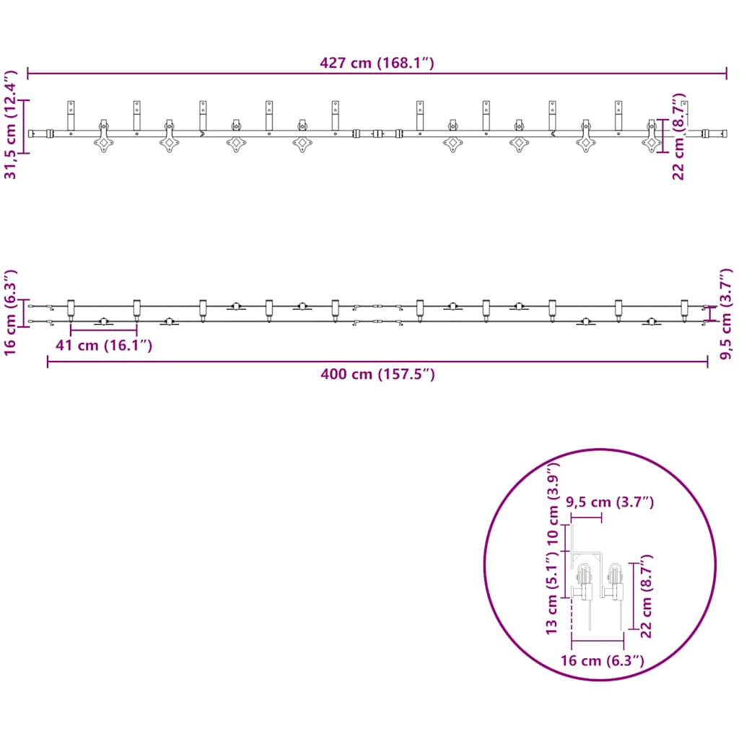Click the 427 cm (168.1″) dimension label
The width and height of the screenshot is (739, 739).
[x=377, y=63]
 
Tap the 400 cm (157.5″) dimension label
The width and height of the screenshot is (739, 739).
[x=377, y=374]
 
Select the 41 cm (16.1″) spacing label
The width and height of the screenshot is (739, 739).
[x=104, y=345]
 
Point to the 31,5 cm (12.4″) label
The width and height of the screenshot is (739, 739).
[x=10, y=125]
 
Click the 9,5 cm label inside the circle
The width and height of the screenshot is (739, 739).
[x=610, y=502]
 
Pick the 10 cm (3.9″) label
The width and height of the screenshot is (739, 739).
[x=552, y=503]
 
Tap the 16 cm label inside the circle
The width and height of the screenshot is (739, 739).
[x=603, y=660]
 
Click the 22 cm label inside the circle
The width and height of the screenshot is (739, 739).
[x=646, y=596]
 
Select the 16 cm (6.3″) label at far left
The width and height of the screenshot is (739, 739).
[x=10, y=312]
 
